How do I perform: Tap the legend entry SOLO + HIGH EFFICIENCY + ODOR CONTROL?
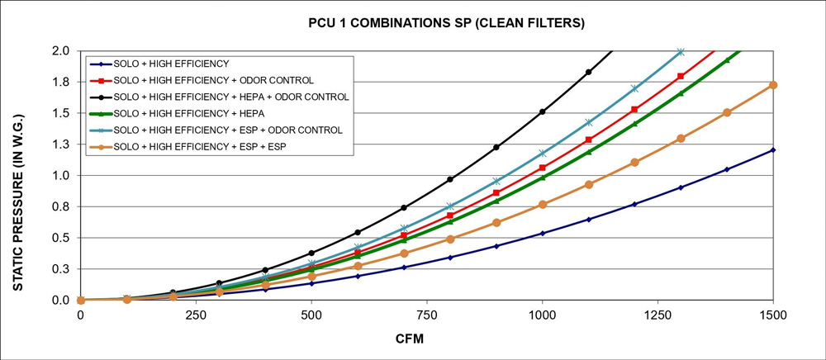[214, 80]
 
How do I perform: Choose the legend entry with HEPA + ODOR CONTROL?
[231, 97]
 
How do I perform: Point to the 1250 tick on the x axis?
[657, 315]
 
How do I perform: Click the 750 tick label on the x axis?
[427, 315]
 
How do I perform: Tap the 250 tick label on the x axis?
[196, 315]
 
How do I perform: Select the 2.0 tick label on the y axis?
[61, 51]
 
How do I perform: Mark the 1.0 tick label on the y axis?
[61, 176]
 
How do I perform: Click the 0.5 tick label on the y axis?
[61, 238]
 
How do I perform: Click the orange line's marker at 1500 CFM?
[773, 85]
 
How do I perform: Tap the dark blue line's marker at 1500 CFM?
[773, 149]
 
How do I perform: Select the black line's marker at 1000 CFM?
[542, 111]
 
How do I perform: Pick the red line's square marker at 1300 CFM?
[681, 76]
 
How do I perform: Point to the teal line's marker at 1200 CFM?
[634, 88]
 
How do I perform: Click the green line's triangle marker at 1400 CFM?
[727, 60]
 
